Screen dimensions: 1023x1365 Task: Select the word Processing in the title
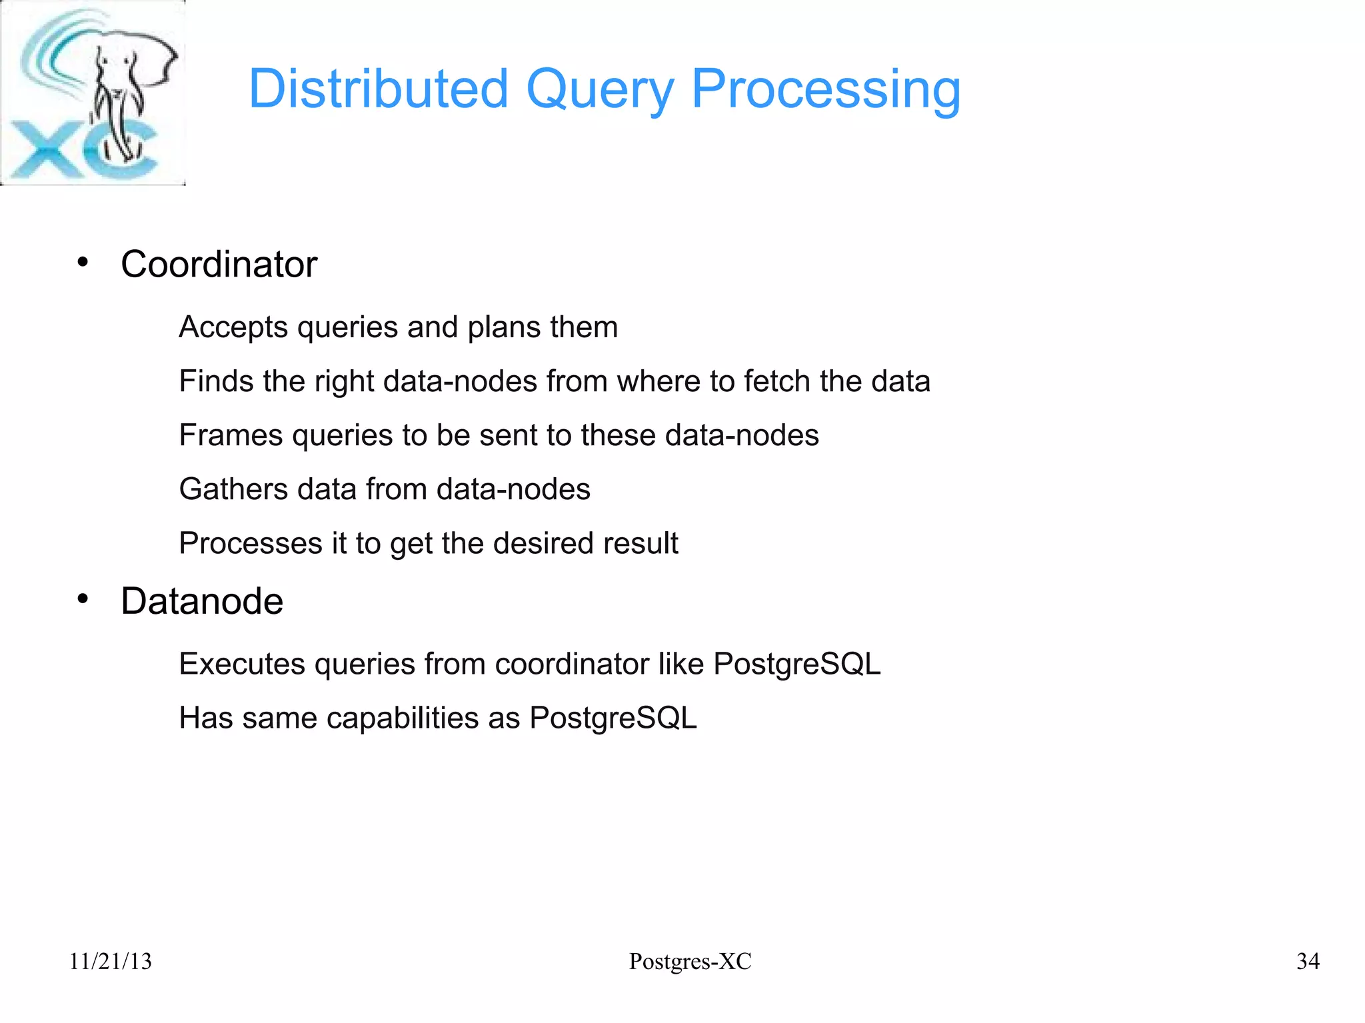pyautogui.click(x=826, y=90)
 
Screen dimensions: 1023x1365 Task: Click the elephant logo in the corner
pyautogui.click(x=93, y=93)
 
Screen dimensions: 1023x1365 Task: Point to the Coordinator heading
pyautogui.click(x=219, y=265)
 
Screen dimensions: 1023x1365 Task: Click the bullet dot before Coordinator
pyautogui.click(x=83, y=262)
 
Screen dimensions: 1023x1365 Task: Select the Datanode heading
pyautogui.click(x=202, y=601)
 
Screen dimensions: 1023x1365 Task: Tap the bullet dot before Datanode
pyautogui.click(x=83, y=599)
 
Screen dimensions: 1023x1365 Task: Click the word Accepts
pyautogui.click(x=233, y=328)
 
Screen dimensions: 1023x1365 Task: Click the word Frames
pyautogui.click(x=231, y=435)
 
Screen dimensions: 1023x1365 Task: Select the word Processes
pyautogui.click(x=250, y=543)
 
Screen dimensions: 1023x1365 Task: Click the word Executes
pyautogui.click(x=242, y=664)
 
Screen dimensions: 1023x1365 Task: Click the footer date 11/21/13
pyautogui.click(x=111, y=961)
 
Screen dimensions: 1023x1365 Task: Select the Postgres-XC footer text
pyautogui.click(x=690, y=961)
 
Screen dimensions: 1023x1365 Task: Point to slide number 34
pyautogui.click(x=1308, y=961)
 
